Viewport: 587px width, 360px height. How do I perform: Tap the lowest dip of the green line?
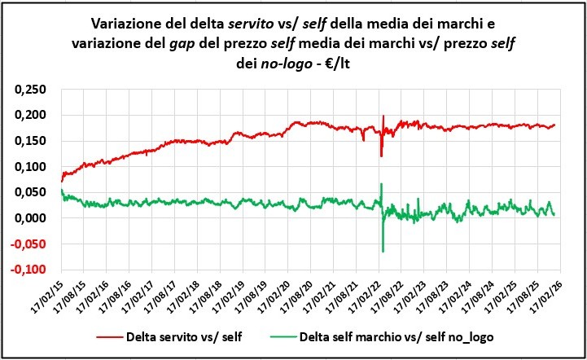tap(382, 251)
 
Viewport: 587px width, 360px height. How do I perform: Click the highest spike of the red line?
tap(383, 116)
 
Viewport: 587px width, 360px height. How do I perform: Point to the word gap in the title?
tap(215, 42)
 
